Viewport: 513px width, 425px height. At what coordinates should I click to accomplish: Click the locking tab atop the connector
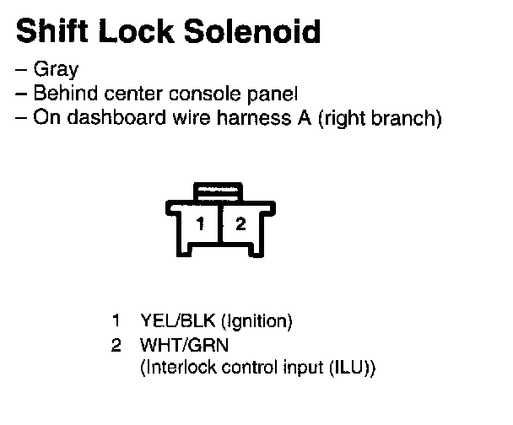coord(219,191)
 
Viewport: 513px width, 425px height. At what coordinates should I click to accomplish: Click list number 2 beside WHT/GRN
coord(116,345)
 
